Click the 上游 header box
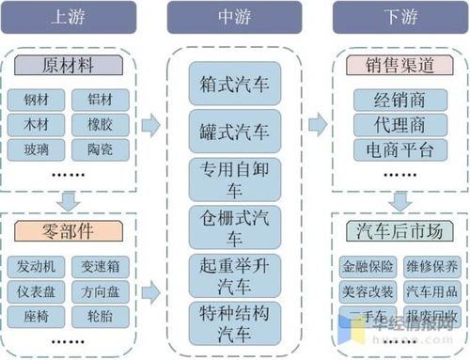70,17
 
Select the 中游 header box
234,17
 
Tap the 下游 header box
400,17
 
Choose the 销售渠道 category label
400,66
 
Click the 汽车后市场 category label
400,229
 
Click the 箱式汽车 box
234,83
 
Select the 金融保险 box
368,266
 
